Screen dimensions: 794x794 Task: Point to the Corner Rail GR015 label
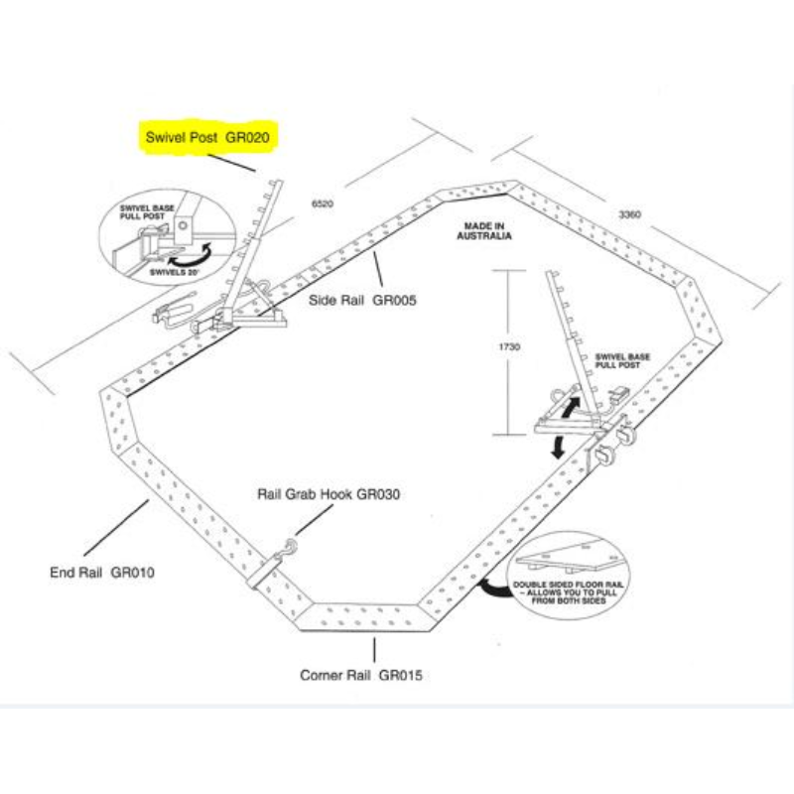[361, 676]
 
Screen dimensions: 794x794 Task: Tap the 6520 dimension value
[323, 202]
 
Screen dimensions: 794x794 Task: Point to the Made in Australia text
[484, 232]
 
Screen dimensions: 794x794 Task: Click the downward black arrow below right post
[560, 446]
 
